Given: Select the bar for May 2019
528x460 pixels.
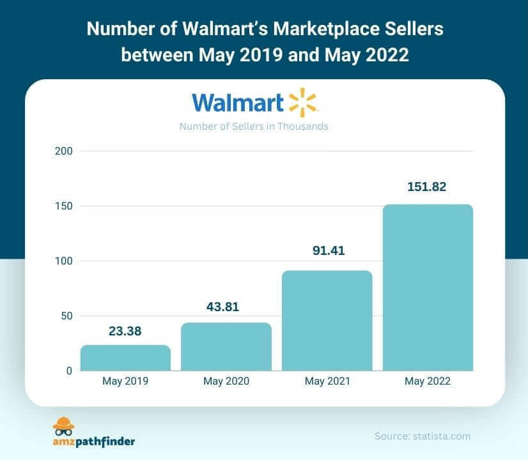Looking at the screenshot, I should (x=125, y=358).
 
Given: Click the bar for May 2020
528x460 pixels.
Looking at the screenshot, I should (x=226, y=346).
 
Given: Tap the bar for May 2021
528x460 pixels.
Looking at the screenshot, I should (x=327, y=321).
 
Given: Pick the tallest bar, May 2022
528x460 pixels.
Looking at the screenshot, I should (x=428, y=287).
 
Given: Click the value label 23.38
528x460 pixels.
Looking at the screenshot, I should (x=125, y=331).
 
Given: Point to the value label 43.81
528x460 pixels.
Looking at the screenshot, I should (x=226, y=308).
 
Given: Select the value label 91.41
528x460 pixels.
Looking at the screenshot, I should (x=327, y=251).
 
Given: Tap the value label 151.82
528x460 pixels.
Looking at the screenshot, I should (x=427, y=187).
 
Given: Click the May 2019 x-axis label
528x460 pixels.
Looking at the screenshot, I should (x=125, y=381).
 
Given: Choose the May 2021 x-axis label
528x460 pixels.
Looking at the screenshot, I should (x=327, y=381).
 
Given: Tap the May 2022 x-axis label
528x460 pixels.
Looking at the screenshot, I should (x=428, y=381).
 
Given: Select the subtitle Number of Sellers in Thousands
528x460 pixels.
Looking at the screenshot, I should (x=254, y=126).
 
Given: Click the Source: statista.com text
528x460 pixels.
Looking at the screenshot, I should (x=423, y=436).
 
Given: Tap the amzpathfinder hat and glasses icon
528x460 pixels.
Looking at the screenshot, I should (x=63, y=426).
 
